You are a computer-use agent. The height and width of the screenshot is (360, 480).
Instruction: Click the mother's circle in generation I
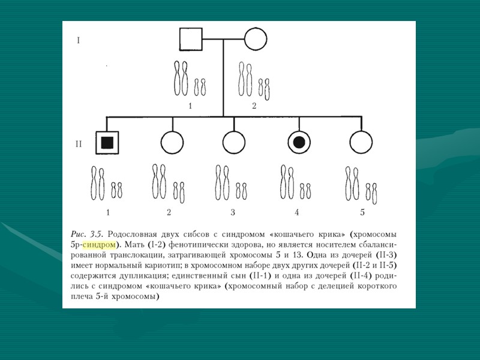pyautogui.click(x=256, y=40)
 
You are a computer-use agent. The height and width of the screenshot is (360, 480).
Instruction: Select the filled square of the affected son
pyautogui.click(x=107, y=142)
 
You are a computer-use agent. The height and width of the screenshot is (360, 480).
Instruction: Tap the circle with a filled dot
pyautogui.click(x=298, y=142)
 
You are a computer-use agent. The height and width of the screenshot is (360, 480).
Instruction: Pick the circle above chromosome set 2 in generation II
pyautogui.click(x=172, y=143)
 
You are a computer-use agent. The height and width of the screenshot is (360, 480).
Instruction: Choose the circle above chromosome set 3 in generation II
pyautogui.click(x=233, y=143)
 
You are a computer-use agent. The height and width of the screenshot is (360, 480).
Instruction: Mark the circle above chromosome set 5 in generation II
pyautogui.click(x=361, y=143)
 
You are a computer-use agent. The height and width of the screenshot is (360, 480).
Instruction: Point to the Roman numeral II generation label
pyautogui.click(x=79, y=143)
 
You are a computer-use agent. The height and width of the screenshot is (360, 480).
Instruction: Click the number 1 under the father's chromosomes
pyautogui.click(x=190, y=106)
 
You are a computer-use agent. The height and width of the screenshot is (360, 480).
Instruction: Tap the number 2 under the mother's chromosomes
pyautogui.click(x=254, y=106)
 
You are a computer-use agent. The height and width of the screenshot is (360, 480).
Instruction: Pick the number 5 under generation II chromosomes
pyautogui.click(x=362, y=212)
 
